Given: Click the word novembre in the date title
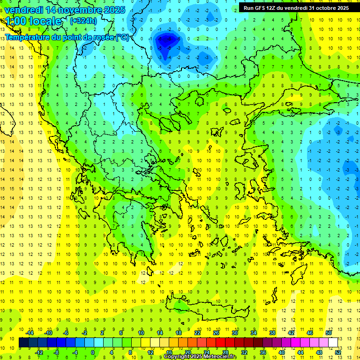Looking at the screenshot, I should click(75, 9).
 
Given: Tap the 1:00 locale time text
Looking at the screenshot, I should click(33, 21).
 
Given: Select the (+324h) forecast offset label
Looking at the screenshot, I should click(83, 21).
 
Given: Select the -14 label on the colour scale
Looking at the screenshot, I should click(30, 333).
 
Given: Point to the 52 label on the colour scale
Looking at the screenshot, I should click(338, 352).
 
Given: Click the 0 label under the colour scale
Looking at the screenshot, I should click(93, 352).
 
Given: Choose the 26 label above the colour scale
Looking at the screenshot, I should click(216, 333).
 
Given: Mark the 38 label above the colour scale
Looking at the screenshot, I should click(272, 333).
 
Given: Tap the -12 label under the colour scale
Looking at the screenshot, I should click(39, 352).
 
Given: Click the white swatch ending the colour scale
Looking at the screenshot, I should click(333, 343).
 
